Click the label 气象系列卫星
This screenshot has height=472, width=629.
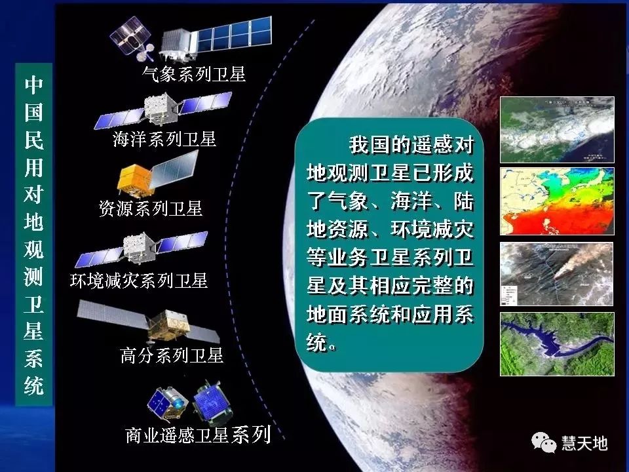click(194, 74)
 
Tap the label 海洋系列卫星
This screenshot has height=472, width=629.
click(164, 139)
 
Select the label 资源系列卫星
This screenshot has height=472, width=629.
click(151, 208)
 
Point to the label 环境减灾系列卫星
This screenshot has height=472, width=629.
click(139, 281)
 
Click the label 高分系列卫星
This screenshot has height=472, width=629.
click(172, 355)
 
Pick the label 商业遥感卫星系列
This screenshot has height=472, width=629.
click(198, 435)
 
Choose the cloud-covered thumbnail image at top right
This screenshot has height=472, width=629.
click(557, 130)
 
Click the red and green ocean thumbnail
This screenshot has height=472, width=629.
click(557, 201)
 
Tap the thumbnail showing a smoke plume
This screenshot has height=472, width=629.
click(557, 273)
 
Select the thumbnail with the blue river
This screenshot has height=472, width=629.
click(557, 344)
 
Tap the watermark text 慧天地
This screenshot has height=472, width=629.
click(584, 443)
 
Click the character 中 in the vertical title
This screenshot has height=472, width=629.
click(34, 85)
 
